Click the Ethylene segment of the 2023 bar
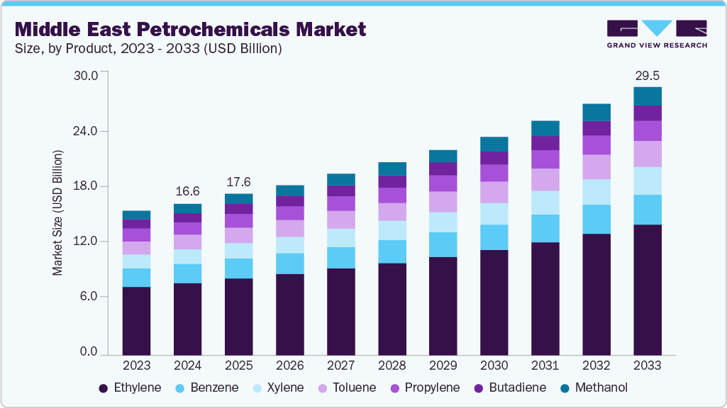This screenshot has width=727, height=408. (136, 320)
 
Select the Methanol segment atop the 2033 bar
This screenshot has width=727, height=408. (648, 96)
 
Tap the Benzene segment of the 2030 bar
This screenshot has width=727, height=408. (494, 237)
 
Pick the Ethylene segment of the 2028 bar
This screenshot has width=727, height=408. (392, 309)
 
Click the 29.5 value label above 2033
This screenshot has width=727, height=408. (648, 75)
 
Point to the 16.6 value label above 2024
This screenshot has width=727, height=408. (188, 191)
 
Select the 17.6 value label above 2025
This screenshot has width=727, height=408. (239, 181)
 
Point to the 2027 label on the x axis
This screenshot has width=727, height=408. (341, 365)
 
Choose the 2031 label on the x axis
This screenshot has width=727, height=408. (545, 365)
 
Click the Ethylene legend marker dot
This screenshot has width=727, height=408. (104, 388)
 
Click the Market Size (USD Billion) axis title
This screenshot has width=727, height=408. (57, 212)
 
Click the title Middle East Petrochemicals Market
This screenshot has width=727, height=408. (190, 30)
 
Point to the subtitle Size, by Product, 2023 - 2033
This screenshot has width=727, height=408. (148, 49)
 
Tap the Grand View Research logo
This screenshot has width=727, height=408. (657, 34)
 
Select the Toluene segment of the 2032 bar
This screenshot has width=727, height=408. (596, 167)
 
